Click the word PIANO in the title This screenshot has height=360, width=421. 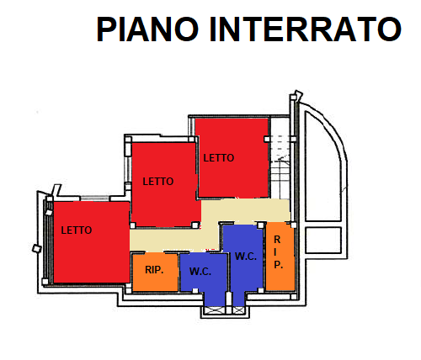147,29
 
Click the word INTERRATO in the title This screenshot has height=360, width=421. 306,29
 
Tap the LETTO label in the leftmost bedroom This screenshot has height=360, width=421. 77,230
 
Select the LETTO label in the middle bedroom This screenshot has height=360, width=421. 158,182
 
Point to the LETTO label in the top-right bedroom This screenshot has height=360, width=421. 219,158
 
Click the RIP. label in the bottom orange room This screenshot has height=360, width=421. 154,270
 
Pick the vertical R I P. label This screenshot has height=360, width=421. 278,252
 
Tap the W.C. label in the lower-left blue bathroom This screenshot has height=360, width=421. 200,272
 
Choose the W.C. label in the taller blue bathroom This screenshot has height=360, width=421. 246,257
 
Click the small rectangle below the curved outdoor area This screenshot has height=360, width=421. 323,240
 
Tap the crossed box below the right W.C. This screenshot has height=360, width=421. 239,310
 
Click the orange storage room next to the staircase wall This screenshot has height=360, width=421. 280,257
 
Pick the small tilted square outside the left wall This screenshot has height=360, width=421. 37,248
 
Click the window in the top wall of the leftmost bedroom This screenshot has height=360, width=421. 94,199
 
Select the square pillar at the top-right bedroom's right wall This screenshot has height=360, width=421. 267,139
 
